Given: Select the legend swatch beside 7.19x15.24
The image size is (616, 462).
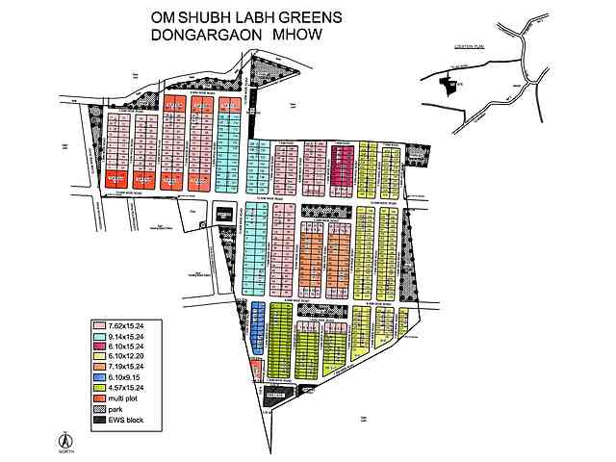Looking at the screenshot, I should click(97, 368).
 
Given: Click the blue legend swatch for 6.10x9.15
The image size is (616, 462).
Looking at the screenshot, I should click(97, 378).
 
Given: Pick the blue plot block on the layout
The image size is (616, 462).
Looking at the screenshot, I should click(257, 326).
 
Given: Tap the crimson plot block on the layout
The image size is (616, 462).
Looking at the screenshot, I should click(344, 165).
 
